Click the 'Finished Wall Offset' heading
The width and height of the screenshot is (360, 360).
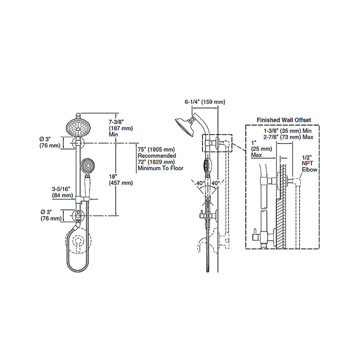point(284,120)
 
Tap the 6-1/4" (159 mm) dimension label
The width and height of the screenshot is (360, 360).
point(205,102)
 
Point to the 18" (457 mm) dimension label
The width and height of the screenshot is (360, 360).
point(121,180)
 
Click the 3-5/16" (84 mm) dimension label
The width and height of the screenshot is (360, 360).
point(62,192)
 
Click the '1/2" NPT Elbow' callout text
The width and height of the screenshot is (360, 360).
point(310,164)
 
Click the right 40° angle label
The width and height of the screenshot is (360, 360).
point(216,183)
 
